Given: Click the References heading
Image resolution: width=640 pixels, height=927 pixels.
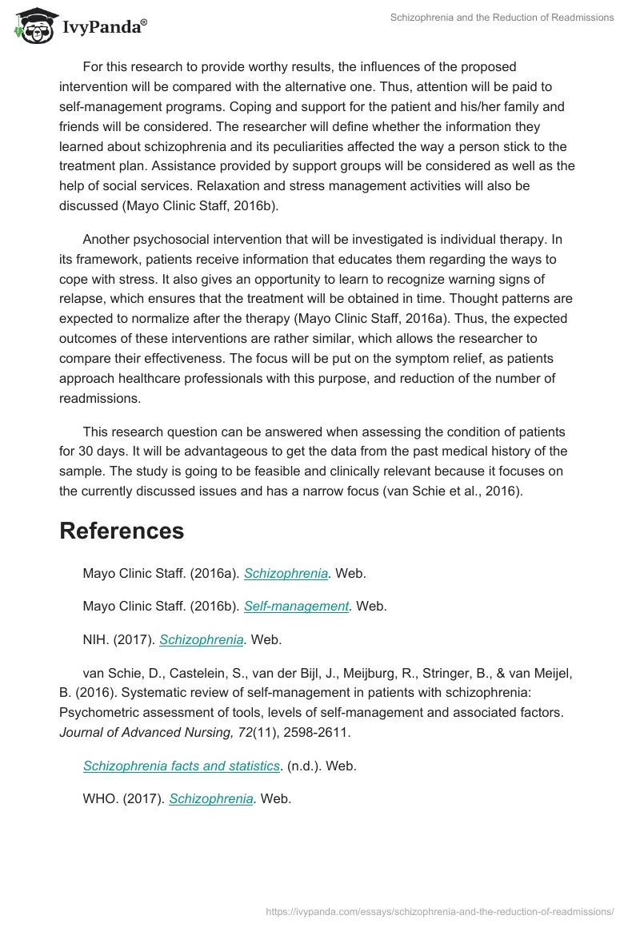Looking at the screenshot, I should (x=122, y=531).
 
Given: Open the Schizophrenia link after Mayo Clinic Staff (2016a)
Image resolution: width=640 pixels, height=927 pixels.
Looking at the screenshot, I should (x=286, y=573).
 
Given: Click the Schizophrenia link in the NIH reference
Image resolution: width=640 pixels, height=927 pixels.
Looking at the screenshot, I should (x=202, y=639).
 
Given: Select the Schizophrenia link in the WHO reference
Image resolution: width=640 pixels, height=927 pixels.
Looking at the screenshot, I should (x=211, y=798).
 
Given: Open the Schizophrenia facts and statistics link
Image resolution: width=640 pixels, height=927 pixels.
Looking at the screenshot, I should (x=182, y=766).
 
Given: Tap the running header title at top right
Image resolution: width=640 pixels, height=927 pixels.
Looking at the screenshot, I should (x=502, y=18).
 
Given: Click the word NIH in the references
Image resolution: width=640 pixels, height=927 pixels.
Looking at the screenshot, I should (x=94, y=639).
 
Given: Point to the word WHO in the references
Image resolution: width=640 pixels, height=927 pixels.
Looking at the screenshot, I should (x=98, y=798).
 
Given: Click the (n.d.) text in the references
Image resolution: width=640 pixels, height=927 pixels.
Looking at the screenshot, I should (x=304, y=766).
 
